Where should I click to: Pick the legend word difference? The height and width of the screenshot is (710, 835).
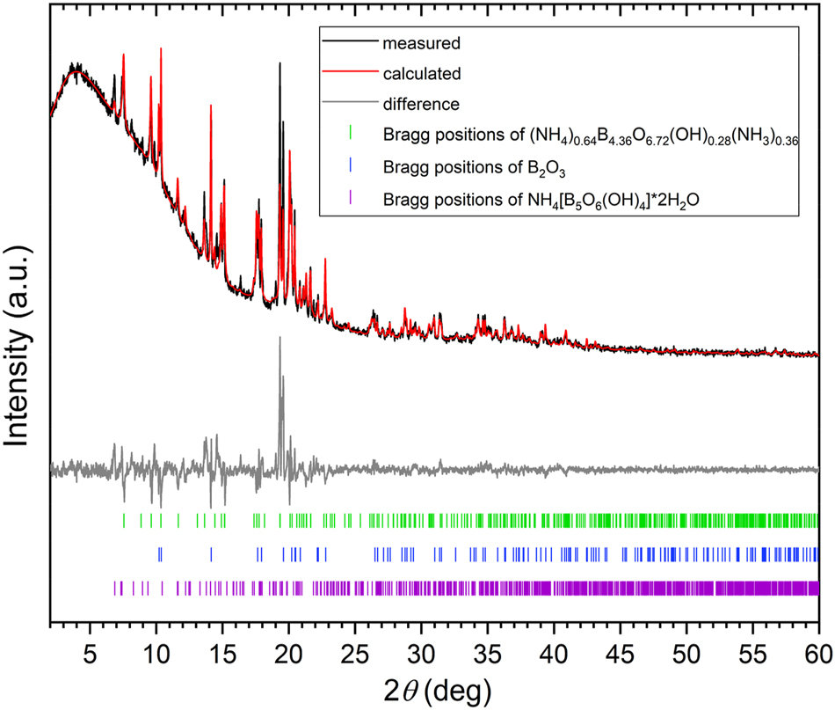tap(421, 104)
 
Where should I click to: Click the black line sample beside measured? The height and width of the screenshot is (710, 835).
tap(351, 41)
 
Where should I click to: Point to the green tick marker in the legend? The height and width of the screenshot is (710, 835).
tap(351, 135)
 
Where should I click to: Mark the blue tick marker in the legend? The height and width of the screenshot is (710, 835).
tap(351, 165)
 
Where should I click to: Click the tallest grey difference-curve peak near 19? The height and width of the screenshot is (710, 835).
tap(280, 339)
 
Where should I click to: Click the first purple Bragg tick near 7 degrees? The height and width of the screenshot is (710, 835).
tap(115, 588)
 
